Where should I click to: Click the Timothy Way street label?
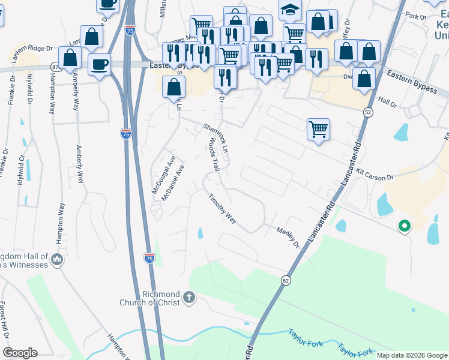pos(222,208)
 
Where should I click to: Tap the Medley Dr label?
pos(288,236)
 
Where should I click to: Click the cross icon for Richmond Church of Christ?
pos(189,297)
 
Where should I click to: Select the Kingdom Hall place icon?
pos(58,260)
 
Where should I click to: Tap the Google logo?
pos(20,353)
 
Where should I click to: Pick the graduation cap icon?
pos(290,10)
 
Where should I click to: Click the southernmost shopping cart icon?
pos(318,128)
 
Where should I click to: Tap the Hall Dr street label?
pos(388,103)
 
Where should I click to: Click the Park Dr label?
pos(415,15)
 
